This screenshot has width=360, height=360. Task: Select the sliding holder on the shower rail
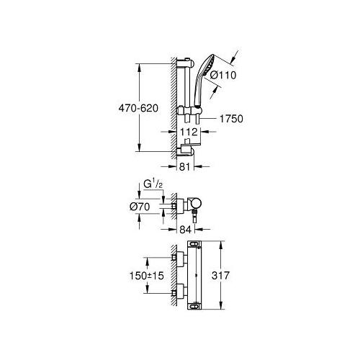pyautogui.click(x=190, y=112)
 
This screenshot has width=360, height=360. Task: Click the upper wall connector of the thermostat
pyautogui.click(x=175, y=257)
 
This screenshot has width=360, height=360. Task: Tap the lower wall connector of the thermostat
pyautogui.click(x=175, y=294)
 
